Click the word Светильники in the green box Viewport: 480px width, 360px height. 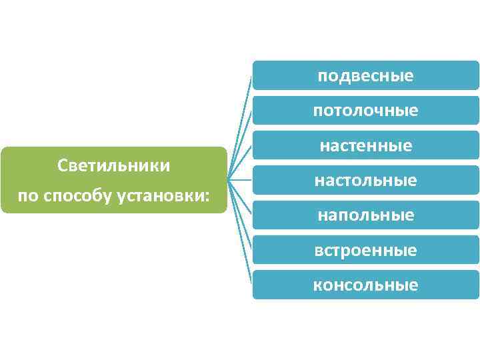point(114,165)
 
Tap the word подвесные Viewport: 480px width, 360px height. point(365,75)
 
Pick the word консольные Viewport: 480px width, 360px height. point(365,285)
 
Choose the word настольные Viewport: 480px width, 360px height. point(365,180)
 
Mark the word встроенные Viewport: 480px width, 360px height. point(365,250)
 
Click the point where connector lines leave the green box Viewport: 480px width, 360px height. point(229,179)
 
